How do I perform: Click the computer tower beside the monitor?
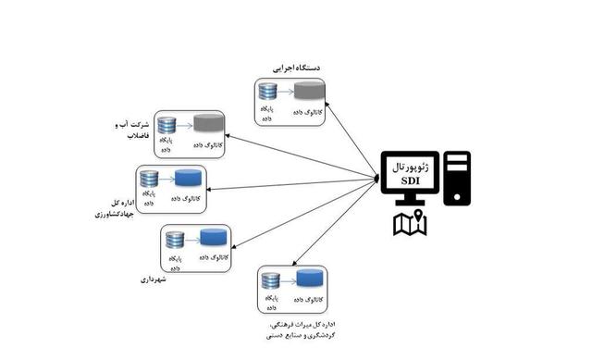pyautogui.click(x=457, y=178)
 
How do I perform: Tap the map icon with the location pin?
pyautogui.click(x=409, y=223)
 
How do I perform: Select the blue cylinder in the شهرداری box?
pyautogui.click(x=215, y=238)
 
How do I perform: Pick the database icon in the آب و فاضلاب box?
pyautogui.click(x=167, y=125)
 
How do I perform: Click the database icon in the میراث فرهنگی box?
pyautogui.click(x=271, y=280)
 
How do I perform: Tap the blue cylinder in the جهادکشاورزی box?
pyautogui.click(x=189, y=178)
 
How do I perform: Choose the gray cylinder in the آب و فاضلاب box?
pyautogui.click(x=208, y=123)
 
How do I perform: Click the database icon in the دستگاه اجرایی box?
pyautogui.click(x=268, y=92)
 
